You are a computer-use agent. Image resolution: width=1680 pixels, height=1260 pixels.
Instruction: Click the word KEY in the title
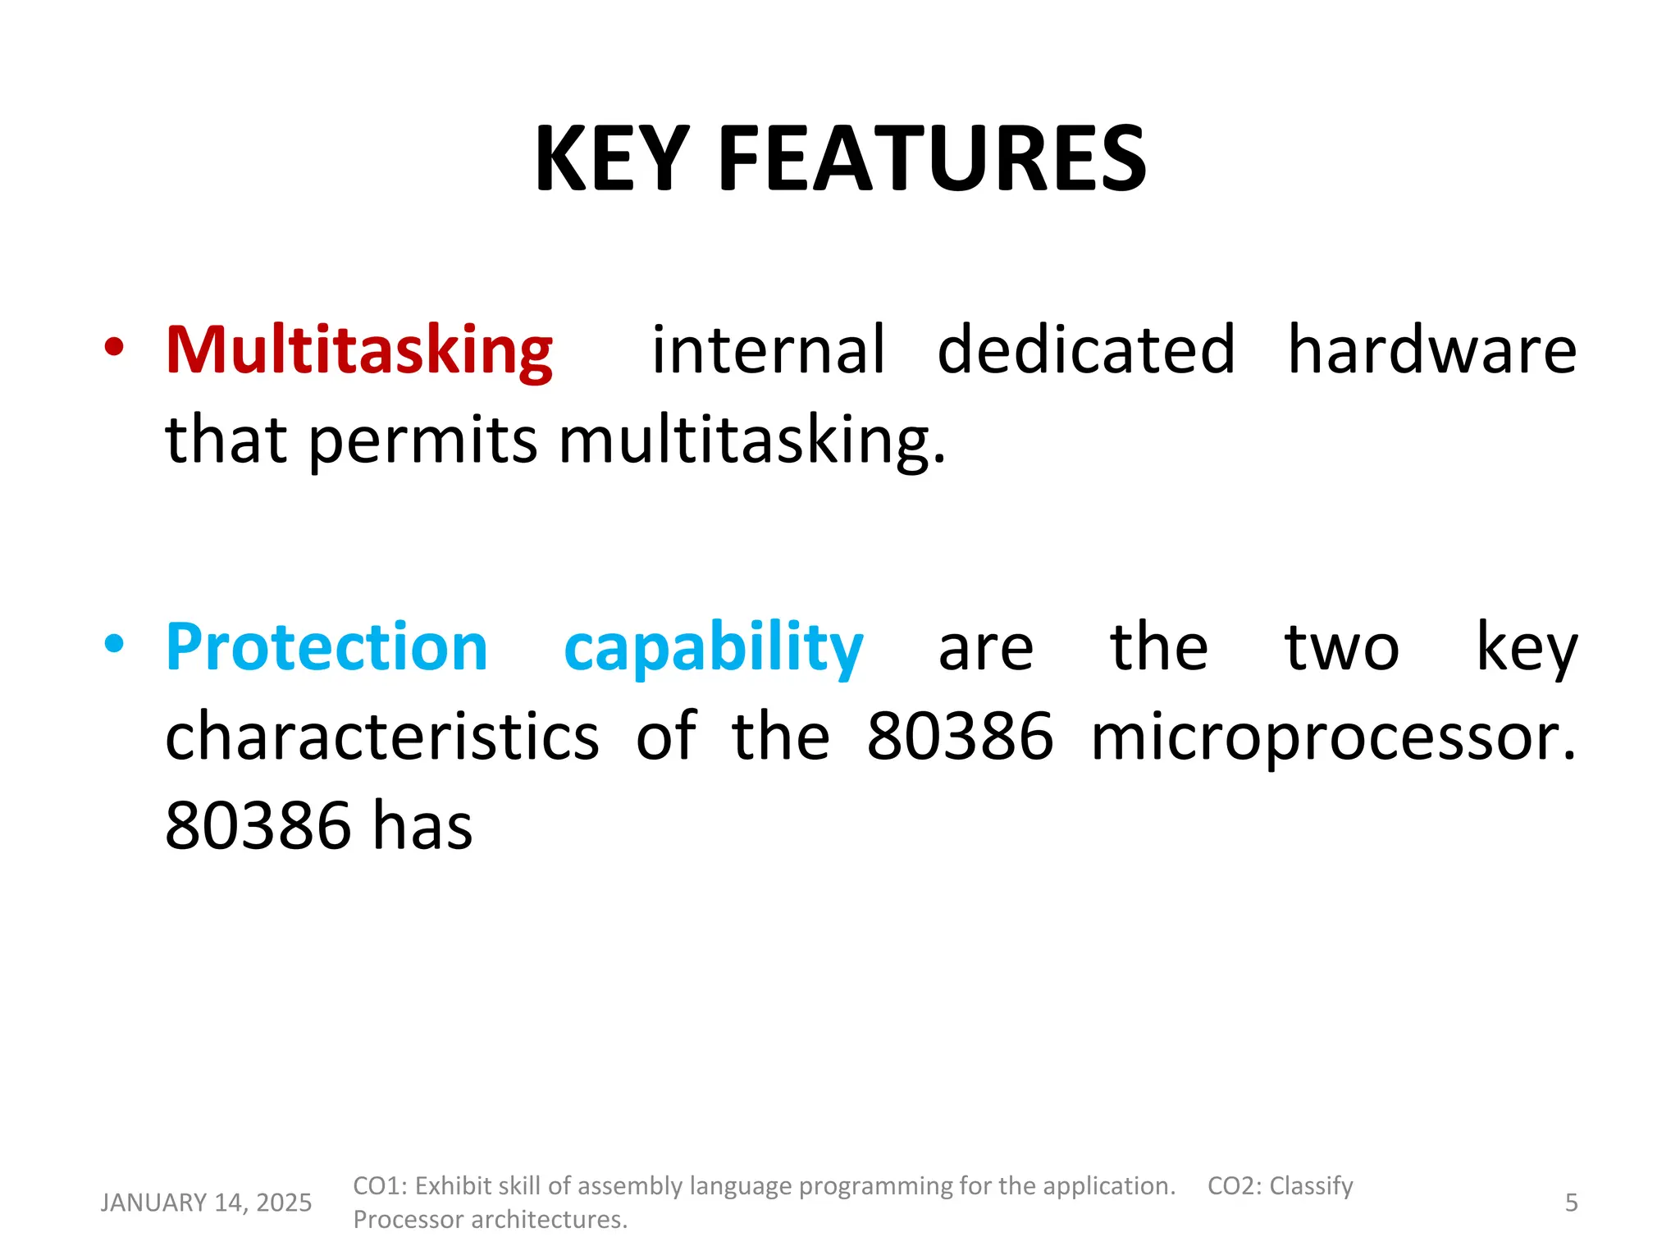click(x=612, y=159)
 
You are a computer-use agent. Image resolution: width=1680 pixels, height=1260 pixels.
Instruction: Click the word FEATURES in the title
click(x=932, y=159)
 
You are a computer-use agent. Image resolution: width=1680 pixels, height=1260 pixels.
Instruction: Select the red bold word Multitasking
click(x=359, y=351)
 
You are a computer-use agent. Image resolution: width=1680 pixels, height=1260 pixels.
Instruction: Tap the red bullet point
click(x=114, y=347)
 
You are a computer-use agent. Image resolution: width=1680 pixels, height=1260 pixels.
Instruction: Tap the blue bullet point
click(x=114, y=644)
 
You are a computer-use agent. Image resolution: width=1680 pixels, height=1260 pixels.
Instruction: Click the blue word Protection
click(x=326, y=648)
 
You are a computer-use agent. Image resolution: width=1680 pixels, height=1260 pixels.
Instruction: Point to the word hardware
click(x=1431, y=350)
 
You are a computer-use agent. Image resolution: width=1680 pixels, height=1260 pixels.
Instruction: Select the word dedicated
click(x=1086, y=350)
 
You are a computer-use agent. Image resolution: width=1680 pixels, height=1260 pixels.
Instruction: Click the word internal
click(x=769, y=350)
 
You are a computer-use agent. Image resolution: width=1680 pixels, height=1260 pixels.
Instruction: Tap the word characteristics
click(x=382, y=737)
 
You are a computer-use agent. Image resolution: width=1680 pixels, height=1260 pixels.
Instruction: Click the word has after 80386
click(x=422, y=826)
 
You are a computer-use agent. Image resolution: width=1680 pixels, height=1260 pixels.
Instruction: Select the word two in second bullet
click(x=1342, y=648)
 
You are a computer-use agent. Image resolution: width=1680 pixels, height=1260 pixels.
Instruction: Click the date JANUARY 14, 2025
click(x=206, y=1203)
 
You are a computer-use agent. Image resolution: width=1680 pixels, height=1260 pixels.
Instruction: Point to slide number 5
click(x=1571, y=1203)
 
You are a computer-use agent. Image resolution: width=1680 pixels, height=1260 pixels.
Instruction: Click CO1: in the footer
click(x=380, y=1186)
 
